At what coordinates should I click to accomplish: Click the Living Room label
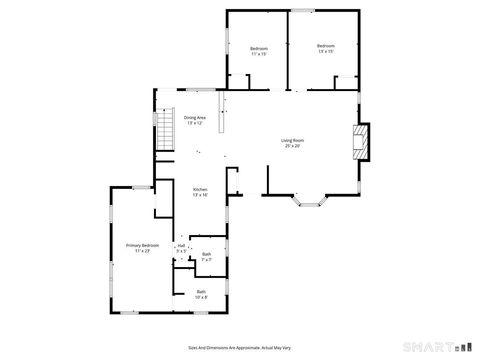pos(292,140)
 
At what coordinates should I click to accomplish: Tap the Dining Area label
pos(195,118)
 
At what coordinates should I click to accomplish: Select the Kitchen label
pos(200,189)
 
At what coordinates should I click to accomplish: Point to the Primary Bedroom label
pos(143,245)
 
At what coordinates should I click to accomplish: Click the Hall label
pos(182,246)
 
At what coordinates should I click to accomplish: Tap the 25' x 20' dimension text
pos(292,146)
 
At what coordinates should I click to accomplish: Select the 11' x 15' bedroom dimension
pos(259,54)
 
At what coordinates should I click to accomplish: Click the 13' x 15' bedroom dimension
pos(325,52)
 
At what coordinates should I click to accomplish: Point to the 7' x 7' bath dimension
pos(206,259)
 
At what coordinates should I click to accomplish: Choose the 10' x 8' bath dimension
pos(202,297)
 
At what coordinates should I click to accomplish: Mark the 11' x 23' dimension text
pos(143,251)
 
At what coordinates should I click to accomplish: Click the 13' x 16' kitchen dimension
pos(200,195)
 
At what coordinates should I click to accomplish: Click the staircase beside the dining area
pos(165,129)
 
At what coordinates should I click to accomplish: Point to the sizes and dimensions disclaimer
pos(239,345)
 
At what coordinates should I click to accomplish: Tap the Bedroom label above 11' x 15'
pos(259,48)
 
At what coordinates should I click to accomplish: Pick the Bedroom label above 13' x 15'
pos(325,46)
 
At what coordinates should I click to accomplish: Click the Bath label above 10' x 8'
pos(202,291)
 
